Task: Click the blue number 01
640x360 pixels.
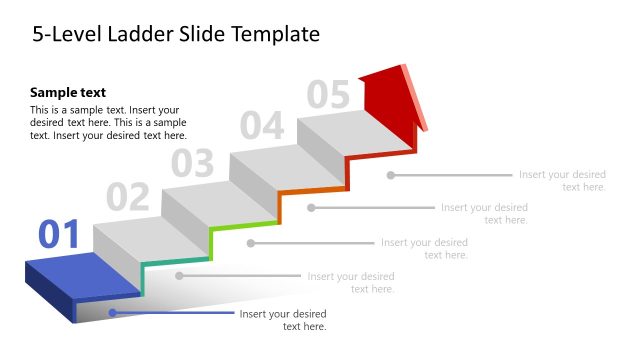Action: pos(58,234)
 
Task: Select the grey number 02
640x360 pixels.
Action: pos(127,198)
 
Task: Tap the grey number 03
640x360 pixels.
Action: pos(192,162)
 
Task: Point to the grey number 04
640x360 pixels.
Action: pos(261,126)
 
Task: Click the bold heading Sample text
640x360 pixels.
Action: pos(68,92)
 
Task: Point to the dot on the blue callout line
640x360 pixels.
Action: pos(112,313)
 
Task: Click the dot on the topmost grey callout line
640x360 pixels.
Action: pos(391,175)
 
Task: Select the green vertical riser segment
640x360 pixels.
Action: pos(211,243)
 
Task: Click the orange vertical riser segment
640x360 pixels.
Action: pos(279,207)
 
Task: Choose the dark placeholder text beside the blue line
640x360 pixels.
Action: pos(283,320)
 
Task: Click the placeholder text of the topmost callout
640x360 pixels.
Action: pos(562,181)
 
